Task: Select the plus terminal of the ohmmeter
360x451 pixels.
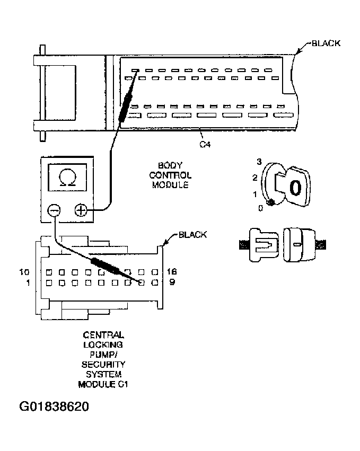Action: click(81, 210)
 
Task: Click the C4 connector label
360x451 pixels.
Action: click(205, 144)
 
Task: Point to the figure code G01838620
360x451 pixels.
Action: click(54, 407)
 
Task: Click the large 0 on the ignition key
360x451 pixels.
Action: click(296, 187)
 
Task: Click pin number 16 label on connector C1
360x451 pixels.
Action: click(171, 271)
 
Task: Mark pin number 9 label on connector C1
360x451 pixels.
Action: click(172, 282)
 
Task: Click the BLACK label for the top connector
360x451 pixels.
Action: click(326, 43)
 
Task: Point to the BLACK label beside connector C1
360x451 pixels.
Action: click(192, 235)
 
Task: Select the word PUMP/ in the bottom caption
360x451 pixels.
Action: click(104, 355)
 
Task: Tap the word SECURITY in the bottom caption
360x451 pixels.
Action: click(104, 365)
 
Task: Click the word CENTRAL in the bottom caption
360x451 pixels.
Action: click(104, 335)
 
